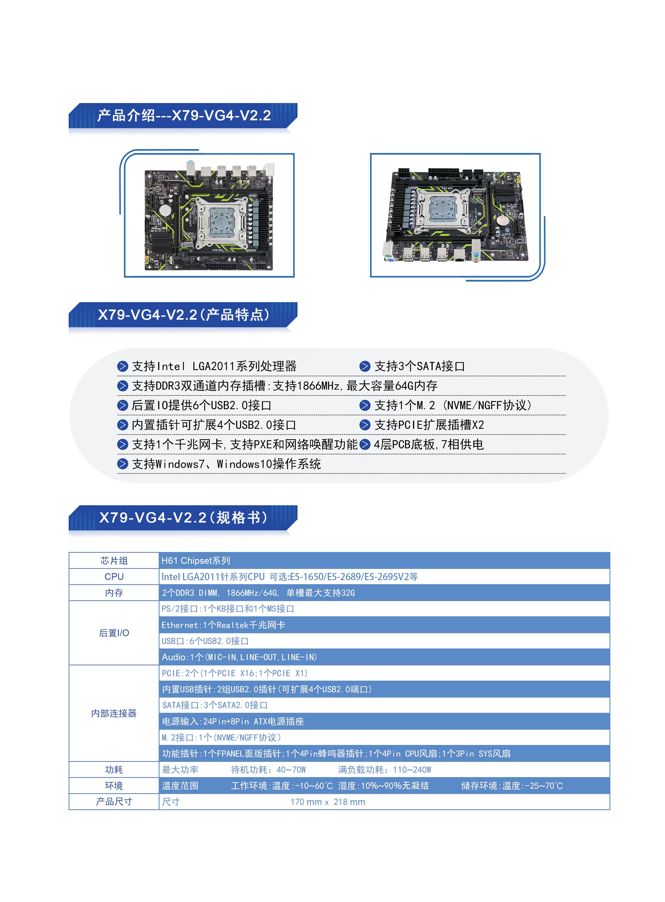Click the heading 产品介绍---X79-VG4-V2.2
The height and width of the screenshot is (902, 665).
click(x=184, y=115)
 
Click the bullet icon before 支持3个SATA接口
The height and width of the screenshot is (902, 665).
click(x=365, y=366)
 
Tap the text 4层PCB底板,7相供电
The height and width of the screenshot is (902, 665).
click(x=429, y=444)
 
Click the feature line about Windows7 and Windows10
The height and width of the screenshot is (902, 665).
click(x=226, y=464)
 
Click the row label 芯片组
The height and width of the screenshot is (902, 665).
click(x=114, y=561)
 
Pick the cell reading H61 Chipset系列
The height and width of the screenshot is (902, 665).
click(x=196, y=561)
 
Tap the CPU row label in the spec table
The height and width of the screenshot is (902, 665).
click(x=114, y=577)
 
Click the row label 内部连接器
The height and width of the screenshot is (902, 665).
click(x=114, y=714)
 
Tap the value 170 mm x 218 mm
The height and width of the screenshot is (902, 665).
click(x=328, y=802)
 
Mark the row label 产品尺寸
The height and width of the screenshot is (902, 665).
click(x=114, y=802)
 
